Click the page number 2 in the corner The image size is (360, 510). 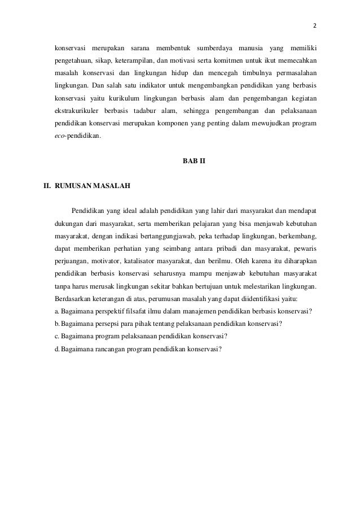[x=315, y=26]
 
